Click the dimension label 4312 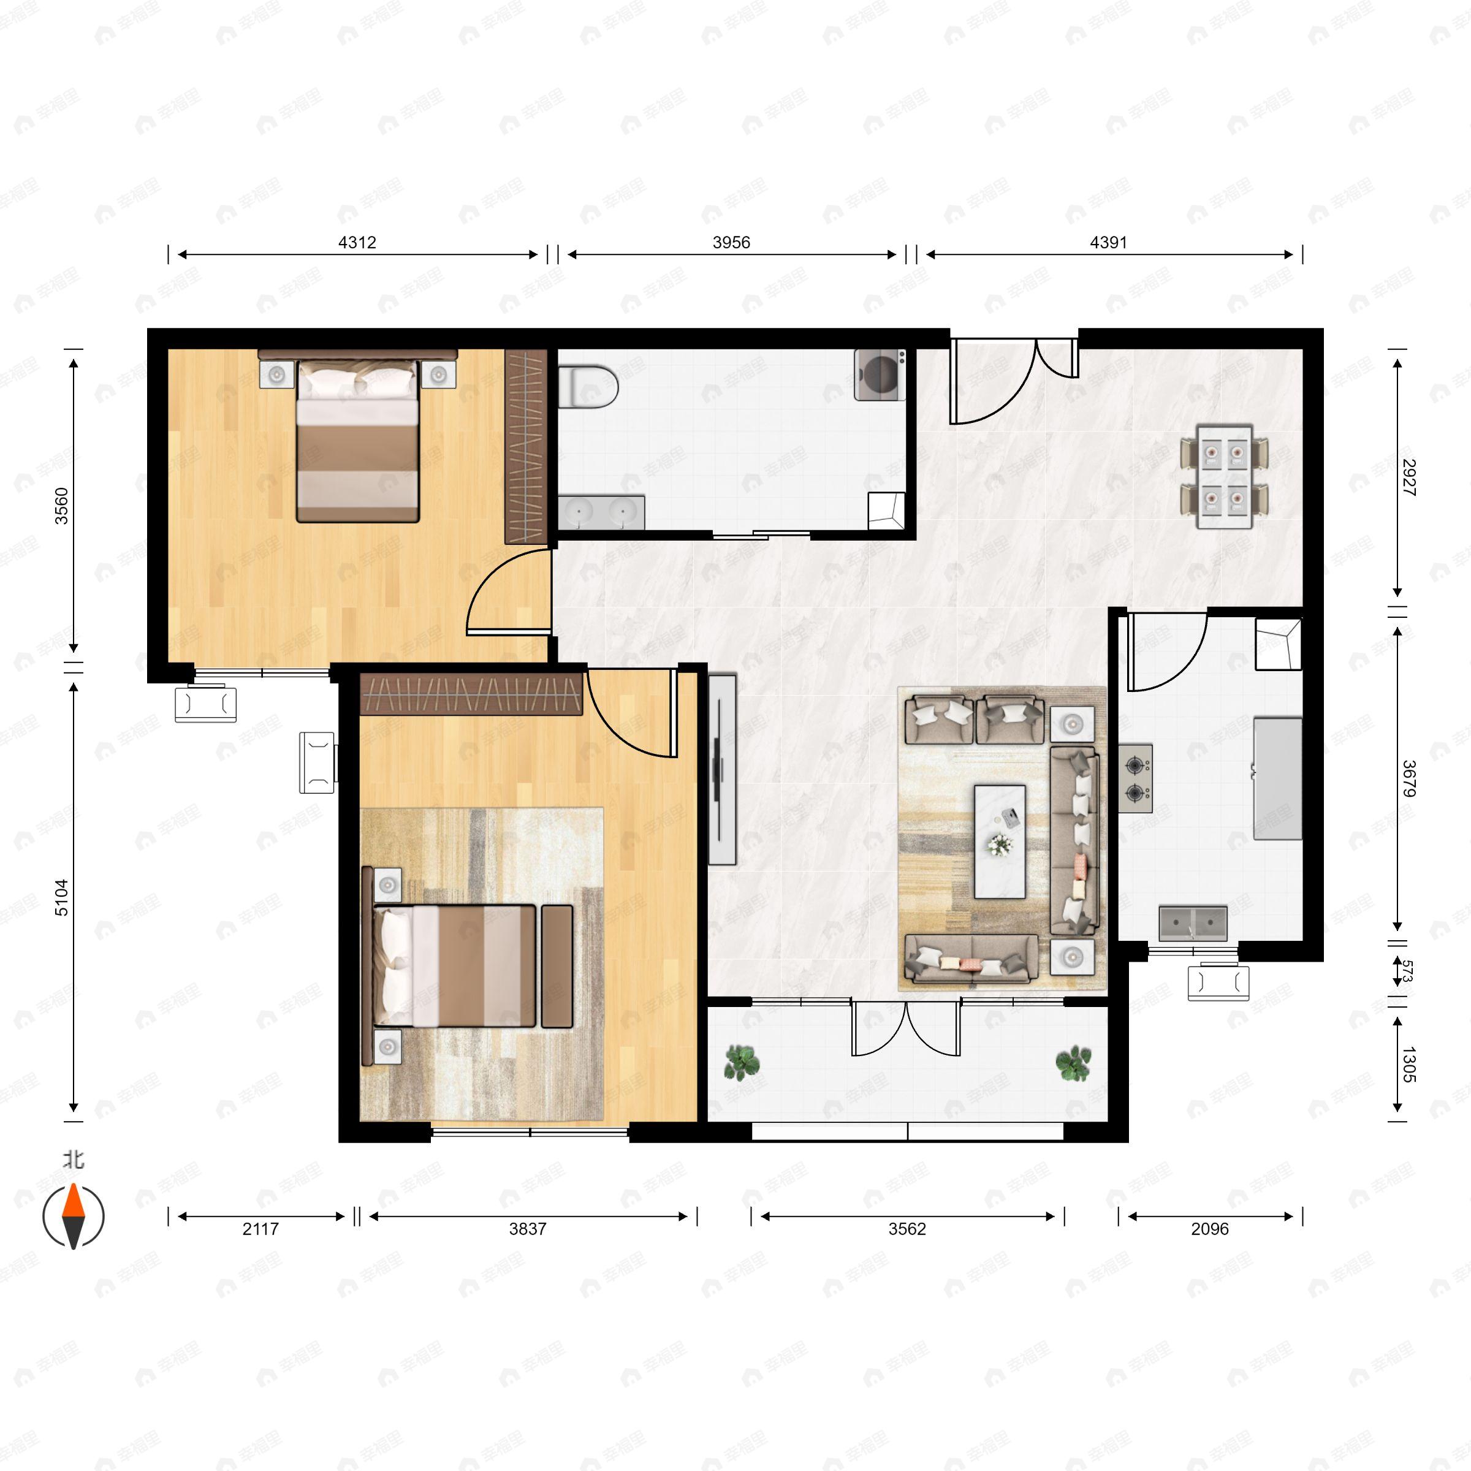point(357,242)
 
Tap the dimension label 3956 point(731,242)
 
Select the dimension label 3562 point(907,1229)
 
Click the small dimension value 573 point(1408,971)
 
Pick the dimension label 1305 point(1408,1065)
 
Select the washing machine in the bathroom point(880,374)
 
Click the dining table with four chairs point(1225,477)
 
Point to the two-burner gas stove point(1135,778)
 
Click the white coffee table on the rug point(1000,842)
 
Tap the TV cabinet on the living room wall point(722,769)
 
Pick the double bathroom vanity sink point(601,512)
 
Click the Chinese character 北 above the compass point(73,1160)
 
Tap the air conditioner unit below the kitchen point(1218,982)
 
